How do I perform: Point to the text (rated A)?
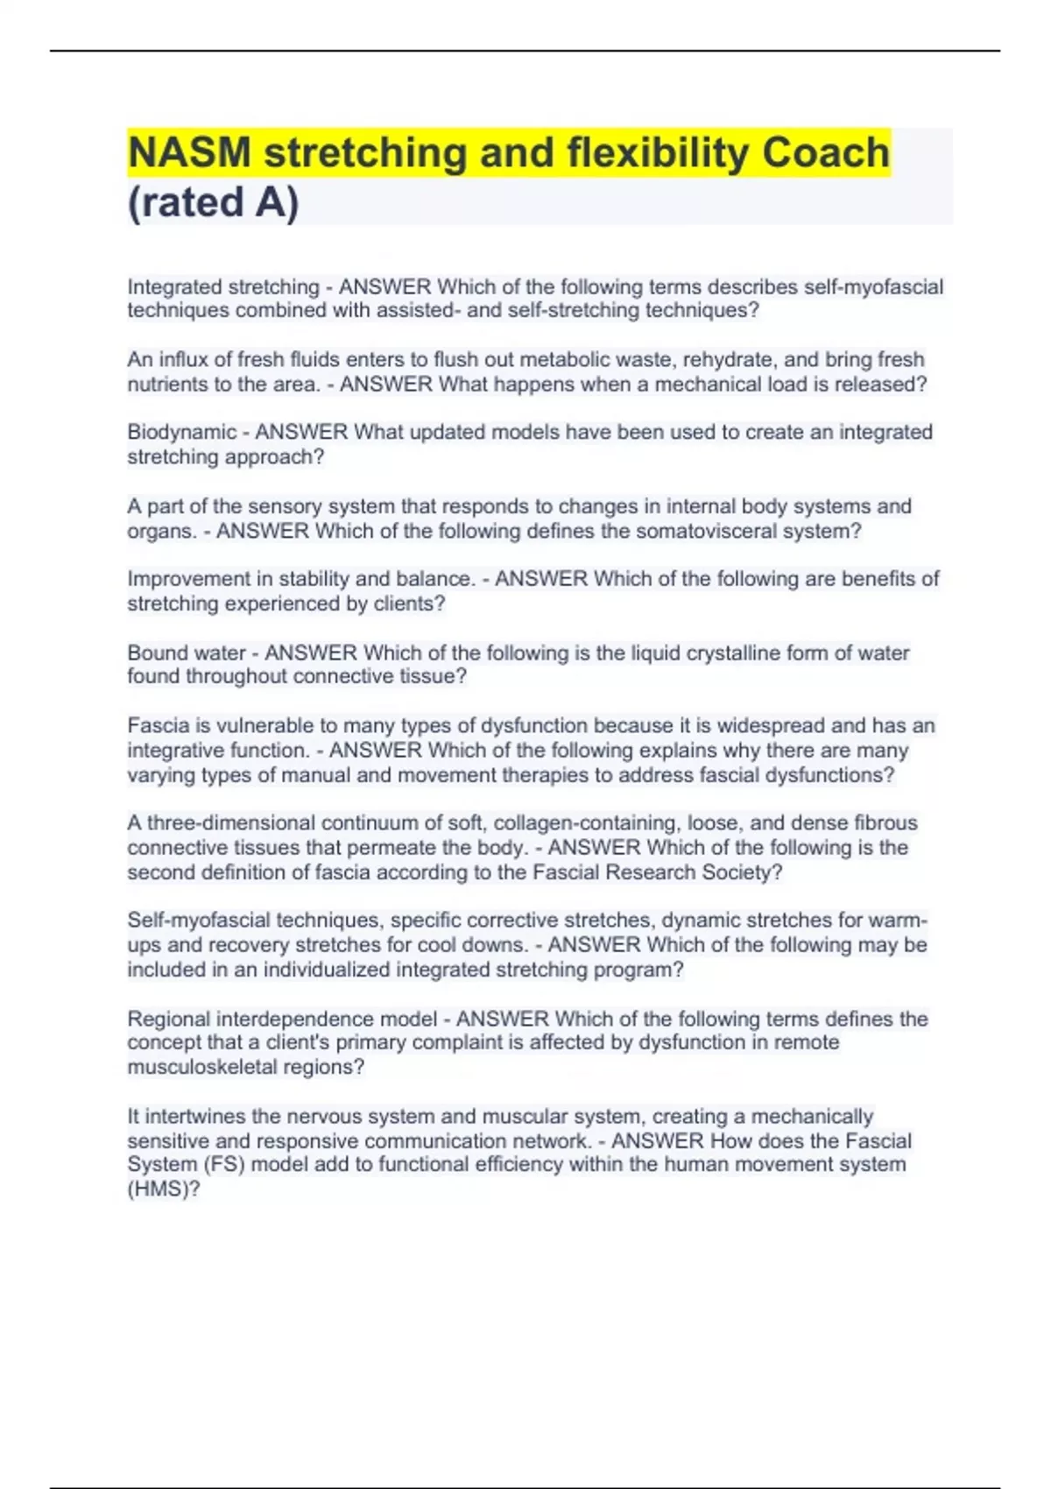[213, 202]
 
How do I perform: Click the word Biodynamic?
[181, 432]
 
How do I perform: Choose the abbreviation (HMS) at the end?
[163, 1189]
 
